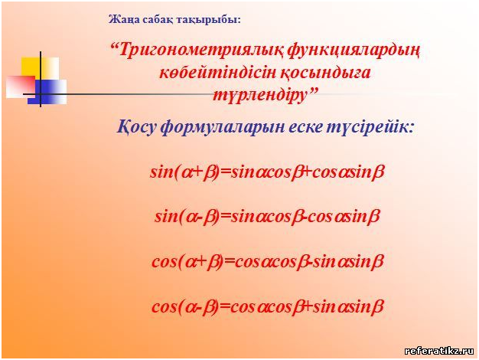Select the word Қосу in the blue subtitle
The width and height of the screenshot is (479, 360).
pos(137,126)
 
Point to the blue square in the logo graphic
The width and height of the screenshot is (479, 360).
pos(47,92)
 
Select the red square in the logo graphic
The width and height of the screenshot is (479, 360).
pos(21,87)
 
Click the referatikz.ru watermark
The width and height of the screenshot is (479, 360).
pos(439,351)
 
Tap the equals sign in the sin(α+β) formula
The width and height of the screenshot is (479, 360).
pos(225,172)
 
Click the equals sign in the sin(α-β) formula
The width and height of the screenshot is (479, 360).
pos(225,217)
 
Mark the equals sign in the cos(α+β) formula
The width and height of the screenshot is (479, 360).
pos(229,262)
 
